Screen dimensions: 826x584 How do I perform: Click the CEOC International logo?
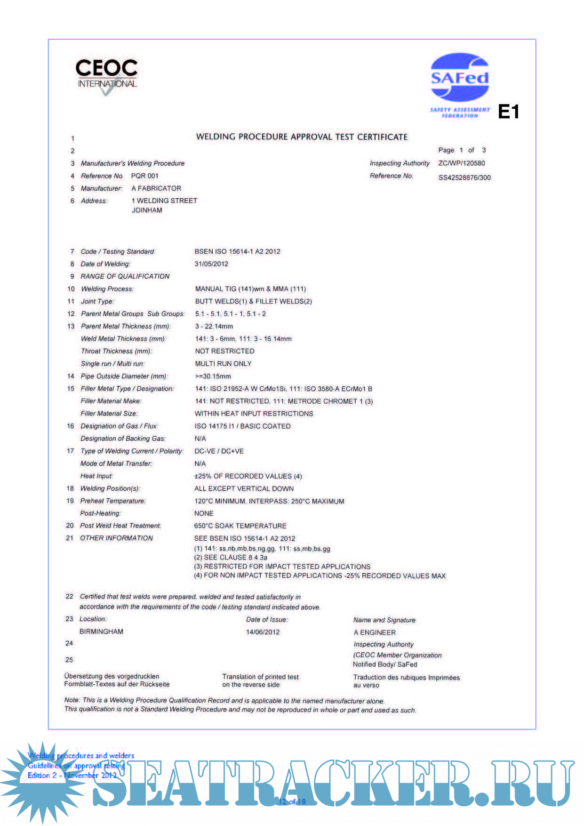click(x=106, y=75)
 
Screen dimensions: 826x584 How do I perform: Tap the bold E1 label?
click(x=508, y=112)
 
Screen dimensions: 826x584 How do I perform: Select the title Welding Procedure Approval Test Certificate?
click(x=302, y=137)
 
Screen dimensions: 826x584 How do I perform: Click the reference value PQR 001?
click(x=145, y=176)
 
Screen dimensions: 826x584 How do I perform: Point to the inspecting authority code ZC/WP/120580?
click(x=461, y=163)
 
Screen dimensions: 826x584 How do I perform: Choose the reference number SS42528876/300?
click(x=464, y=178)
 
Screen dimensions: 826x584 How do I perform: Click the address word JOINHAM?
click(x=147, y=211)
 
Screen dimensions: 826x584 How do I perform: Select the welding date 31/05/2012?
click(x=211, y=264)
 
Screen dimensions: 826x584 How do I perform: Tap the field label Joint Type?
click(x=97, y=301)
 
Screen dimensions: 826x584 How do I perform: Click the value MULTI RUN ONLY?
click(x=223, y=364)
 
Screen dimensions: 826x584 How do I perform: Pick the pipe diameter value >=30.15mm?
click(x=213, y=376)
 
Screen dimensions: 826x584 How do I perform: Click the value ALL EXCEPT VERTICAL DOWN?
click(x=244, y=489)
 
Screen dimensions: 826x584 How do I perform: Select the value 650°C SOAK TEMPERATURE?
click(x=240, y=526)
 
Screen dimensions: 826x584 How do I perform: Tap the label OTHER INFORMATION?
click(x=116, y=538)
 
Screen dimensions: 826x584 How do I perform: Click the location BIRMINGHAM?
click(x=101, y=632)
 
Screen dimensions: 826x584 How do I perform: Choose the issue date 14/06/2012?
click(x=263, y=632)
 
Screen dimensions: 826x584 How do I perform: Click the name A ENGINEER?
click(x=375, y=632)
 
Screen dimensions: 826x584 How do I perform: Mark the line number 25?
click(x=69, y=660)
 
